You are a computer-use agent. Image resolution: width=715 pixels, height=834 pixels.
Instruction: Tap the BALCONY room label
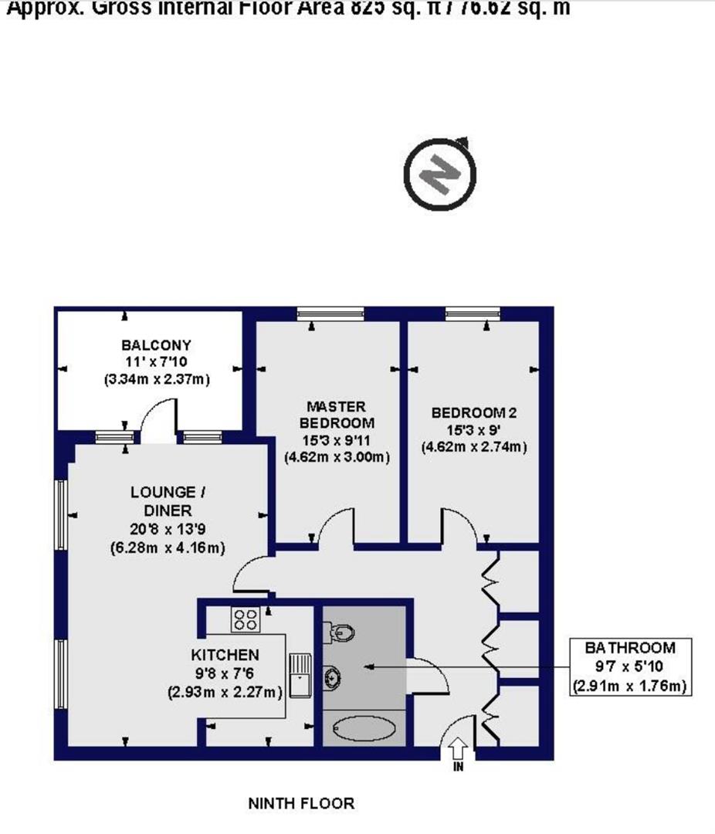[x=156, y=344]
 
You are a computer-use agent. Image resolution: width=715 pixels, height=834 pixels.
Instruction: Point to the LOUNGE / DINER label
[x=168, y=501]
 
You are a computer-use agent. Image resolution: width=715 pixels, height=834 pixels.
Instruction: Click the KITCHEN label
[x=226, y=655]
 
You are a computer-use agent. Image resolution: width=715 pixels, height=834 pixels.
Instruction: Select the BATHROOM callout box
[x=629, y=666]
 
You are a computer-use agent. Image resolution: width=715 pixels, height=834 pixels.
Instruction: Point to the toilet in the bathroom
[x=341, y=633]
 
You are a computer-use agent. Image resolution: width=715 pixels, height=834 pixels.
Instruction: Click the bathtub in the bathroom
[x=364, y=728]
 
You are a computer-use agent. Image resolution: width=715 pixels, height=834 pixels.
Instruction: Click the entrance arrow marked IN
[x=457, y=749]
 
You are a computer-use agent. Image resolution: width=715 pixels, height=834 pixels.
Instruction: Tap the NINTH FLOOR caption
[x=301, y=803]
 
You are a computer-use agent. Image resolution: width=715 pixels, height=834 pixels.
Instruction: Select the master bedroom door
[x=334, y=527]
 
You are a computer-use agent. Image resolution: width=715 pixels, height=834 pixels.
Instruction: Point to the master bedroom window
[x=330, y=313]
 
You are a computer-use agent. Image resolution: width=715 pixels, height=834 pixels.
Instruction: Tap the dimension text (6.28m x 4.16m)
[x=168, y=548]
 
